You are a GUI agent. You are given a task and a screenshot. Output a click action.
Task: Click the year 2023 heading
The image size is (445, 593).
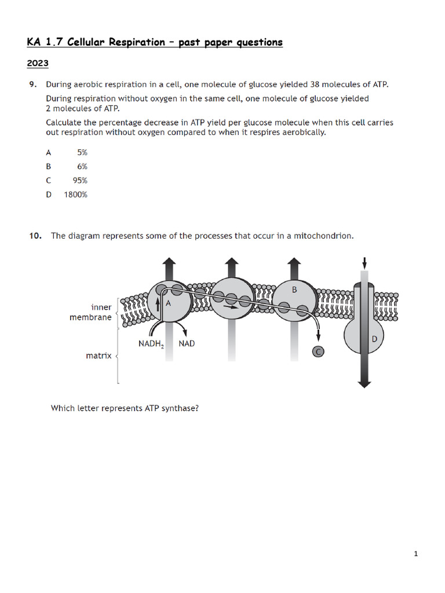[38, 63]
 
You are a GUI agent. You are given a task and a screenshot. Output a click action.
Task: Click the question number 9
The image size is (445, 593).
[33, 85]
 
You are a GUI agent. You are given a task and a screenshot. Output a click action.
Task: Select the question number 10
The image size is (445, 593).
[35, 236]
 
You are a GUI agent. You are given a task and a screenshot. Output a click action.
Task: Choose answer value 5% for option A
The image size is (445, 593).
[82, 153]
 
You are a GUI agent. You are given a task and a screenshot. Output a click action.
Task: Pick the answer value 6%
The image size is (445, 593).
[82, 167]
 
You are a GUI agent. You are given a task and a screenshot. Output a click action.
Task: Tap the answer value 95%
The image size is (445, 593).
[80, 181]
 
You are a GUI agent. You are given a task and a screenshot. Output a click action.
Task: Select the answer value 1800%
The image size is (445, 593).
[75, 195]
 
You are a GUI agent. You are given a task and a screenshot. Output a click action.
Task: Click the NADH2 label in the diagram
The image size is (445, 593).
[154, 344]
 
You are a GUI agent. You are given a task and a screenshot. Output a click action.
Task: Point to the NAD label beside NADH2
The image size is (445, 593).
[187, 343]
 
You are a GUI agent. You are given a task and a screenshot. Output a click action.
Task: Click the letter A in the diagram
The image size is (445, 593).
[169, 302]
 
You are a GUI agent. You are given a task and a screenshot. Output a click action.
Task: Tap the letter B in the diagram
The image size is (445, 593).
[294, 290]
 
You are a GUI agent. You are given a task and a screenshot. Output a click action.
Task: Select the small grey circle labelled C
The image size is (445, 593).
[318, 351]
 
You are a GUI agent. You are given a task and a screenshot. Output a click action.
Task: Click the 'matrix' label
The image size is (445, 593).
[99, 356]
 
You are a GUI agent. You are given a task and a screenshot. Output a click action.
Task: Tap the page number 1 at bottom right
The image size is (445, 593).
[416, 554]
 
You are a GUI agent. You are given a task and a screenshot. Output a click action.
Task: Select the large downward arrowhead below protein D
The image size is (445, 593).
[364, 382]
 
